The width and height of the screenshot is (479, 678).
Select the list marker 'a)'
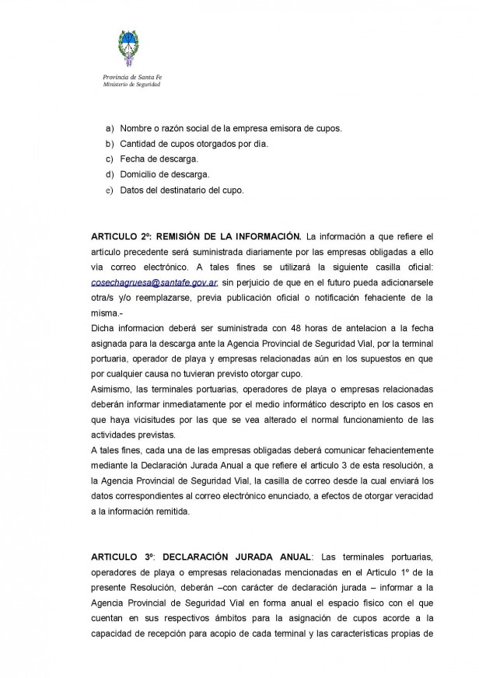click(109, 128)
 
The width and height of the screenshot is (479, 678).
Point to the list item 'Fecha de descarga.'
click(154, 159)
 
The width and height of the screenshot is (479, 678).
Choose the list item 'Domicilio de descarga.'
click(159, 174)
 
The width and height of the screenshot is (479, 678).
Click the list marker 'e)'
click(109, 190)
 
